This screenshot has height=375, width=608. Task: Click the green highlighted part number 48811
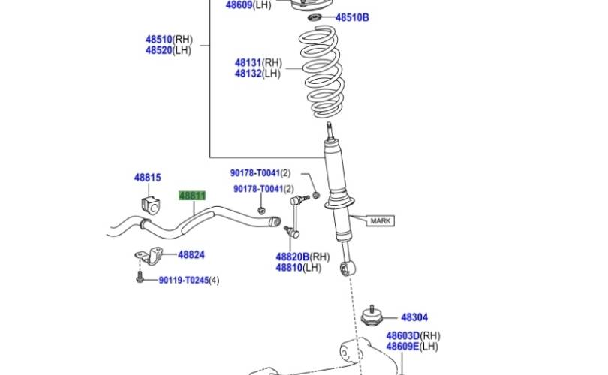click(x=192, y=196)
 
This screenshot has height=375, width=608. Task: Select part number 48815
click(x=147, y=178)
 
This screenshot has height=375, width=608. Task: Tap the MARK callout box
click(x=380, y=220)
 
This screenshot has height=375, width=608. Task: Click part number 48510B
click(x=352, y=17)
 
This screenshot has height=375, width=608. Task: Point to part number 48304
click(x=414, y=317)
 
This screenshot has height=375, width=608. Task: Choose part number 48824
click(x=191, y=254)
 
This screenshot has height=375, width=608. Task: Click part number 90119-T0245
click(x=184, y=280)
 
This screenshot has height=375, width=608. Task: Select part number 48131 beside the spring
click(x=248, y=63)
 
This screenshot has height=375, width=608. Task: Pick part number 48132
click(x=248, y=73)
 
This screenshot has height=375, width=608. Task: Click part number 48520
click(x=159, y=50)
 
